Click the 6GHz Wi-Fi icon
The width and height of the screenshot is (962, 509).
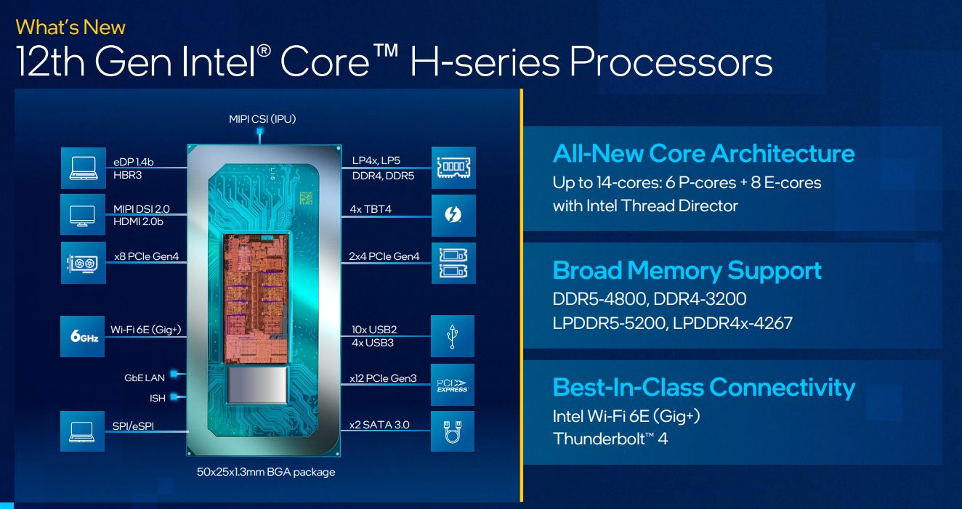pos(83,335)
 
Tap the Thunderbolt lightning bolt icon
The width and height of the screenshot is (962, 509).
pos(453,215)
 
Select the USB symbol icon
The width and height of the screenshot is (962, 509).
pos(453,335)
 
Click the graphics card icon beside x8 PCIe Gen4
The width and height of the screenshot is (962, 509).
pos(83,262)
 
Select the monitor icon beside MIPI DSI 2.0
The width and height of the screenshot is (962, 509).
pos(83,215)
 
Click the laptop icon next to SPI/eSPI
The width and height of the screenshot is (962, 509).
pos(83,432)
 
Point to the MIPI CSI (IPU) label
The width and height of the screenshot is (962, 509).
pos(262,118)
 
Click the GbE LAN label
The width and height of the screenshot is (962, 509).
pos(145,378)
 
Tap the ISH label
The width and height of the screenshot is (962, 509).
pos(157,398)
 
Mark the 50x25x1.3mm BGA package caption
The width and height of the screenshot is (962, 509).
pos(266,472)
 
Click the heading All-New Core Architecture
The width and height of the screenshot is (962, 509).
pos(703,153)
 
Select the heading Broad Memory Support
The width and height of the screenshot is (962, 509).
pos(687,270)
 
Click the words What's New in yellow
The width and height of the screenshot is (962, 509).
pos(70,28)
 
